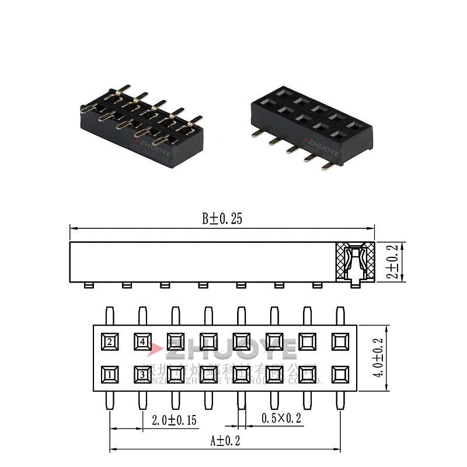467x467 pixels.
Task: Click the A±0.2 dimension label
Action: tap(225, 441)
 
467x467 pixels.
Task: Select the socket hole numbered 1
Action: tap(110, 373)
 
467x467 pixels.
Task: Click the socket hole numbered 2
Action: tap(110, 341)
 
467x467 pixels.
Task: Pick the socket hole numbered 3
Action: tap(142, 373)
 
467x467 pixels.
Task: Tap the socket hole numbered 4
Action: tap(142, 341)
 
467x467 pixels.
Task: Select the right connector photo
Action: tap(309, 126)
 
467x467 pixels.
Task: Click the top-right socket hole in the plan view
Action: tap(340, 341)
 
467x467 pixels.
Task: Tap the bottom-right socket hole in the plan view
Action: tap(340, 373)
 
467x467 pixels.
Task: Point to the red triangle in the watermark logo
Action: tap(155, 350)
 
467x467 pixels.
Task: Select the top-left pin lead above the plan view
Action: tap(110, 315)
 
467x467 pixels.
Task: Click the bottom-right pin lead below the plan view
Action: tap(340, 400)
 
